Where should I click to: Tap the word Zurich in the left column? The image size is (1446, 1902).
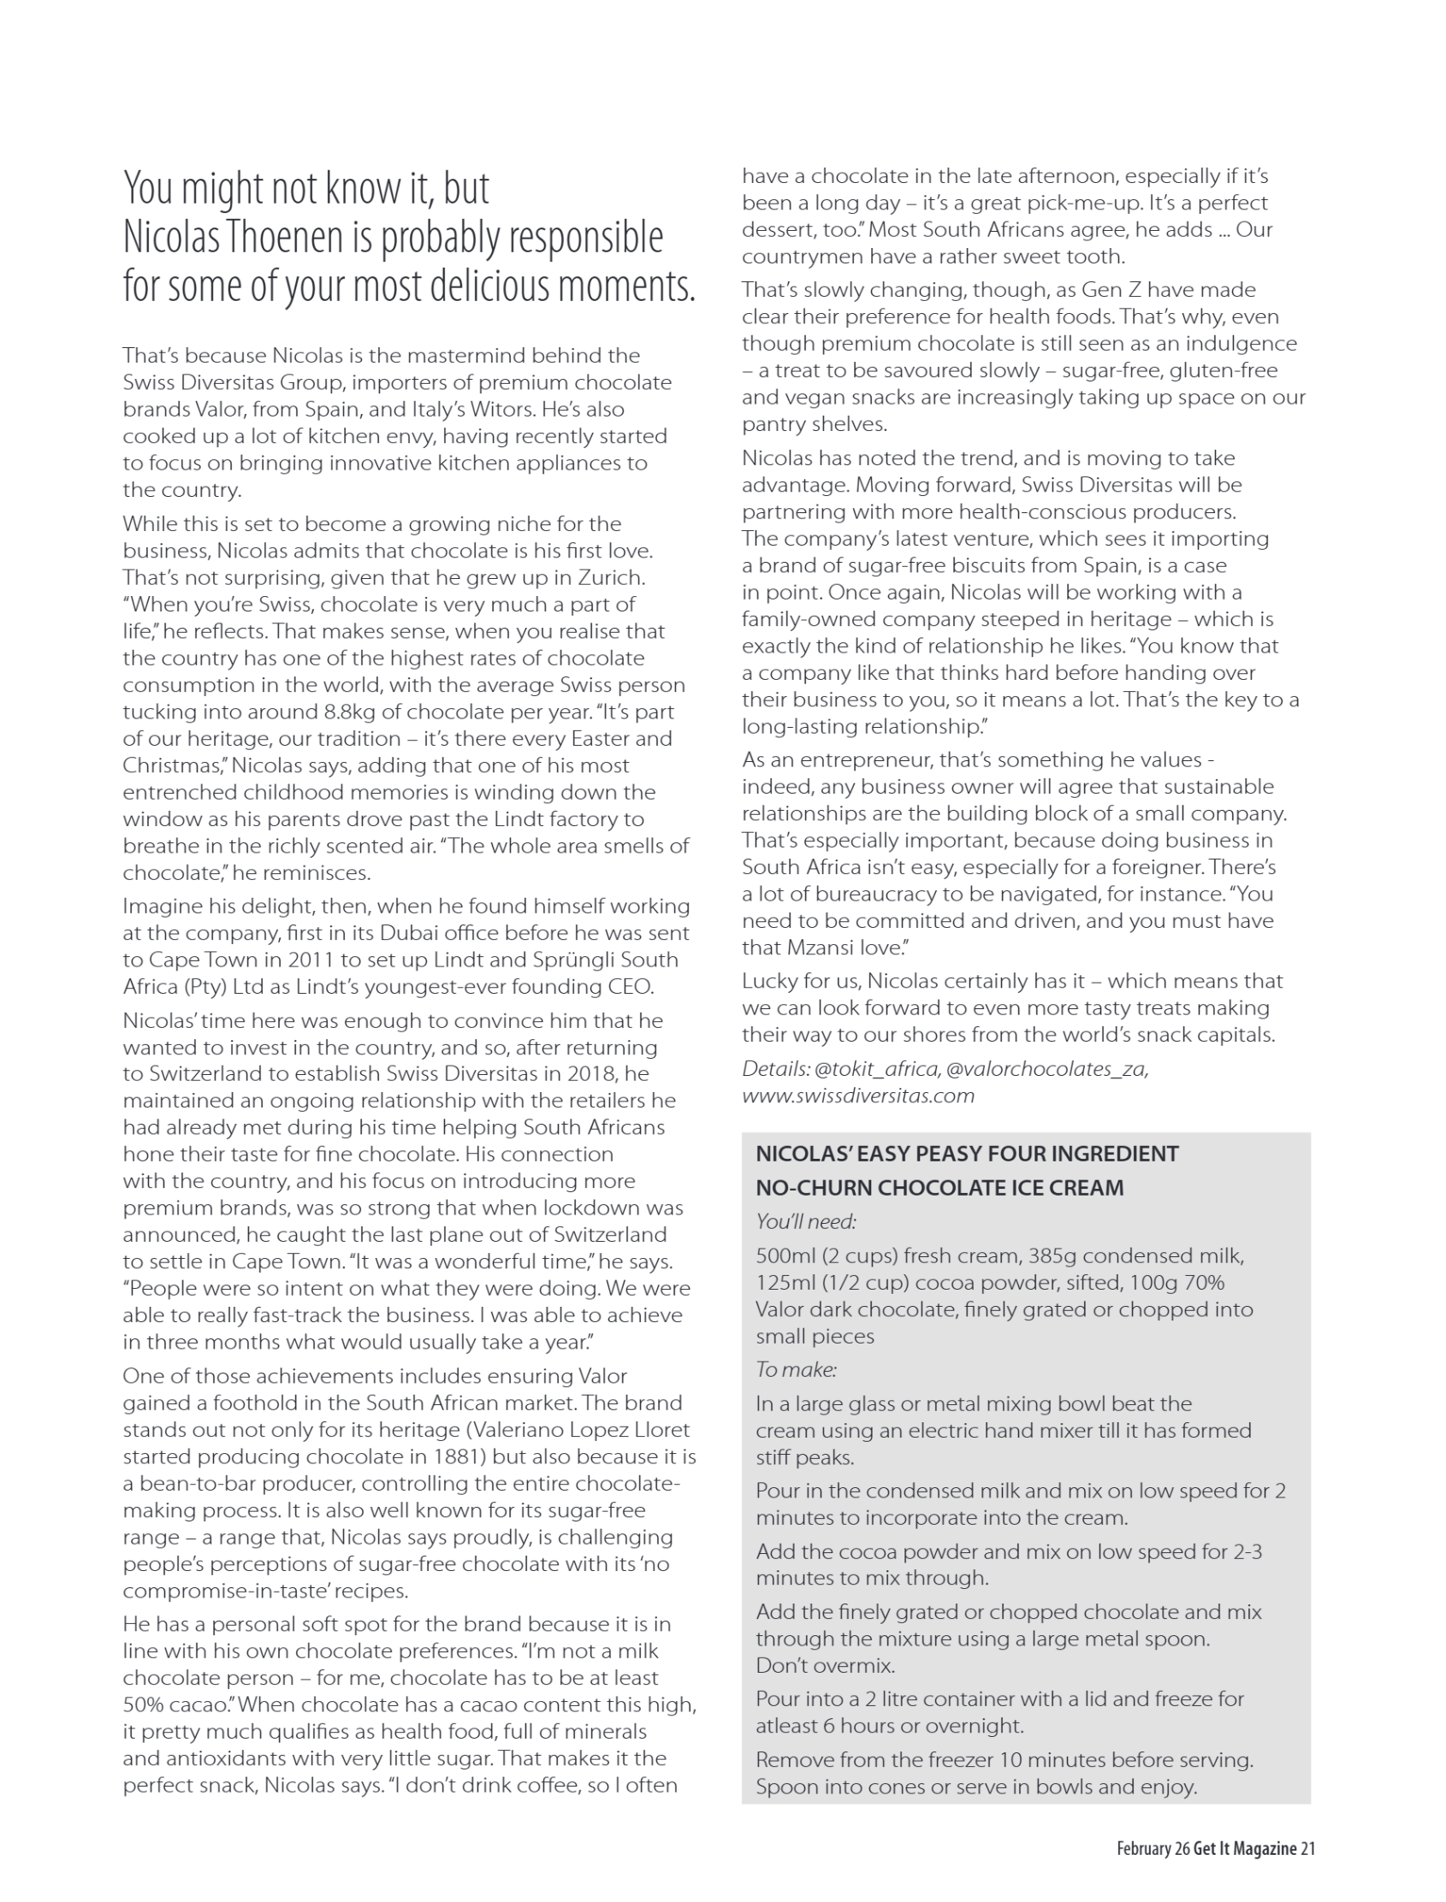click(x=611, y=577)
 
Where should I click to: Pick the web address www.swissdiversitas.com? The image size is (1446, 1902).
click(x=858, y=1096)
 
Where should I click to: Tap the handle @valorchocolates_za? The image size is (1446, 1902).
click(x=1046, y=1069)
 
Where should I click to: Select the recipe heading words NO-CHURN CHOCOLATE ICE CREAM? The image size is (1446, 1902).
click(x=939, y=1188)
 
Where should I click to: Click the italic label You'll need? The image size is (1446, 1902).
click(x=806, y=1221)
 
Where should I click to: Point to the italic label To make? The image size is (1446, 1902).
click(x=797, y=1369)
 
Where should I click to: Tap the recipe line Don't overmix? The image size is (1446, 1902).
click(x=826, y=1665)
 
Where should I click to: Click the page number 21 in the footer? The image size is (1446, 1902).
click(x=1307, y=1849)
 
